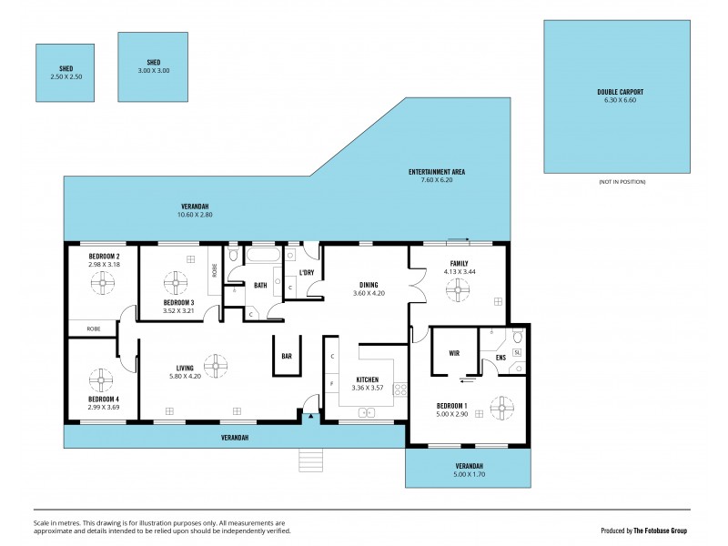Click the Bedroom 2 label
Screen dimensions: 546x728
pos(105,257)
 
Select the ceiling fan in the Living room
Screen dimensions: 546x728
pos(216,366)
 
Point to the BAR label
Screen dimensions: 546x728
pos(287,356)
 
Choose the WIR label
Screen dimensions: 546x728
pos(453,352)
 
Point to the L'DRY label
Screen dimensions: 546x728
pos(307,273)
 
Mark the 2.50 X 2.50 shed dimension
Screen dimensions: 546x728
pos(66,77)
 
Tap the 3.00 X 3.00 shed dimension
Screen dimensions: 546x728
pos(153,71)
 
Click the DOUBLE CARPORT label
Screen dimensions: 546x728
pos(620,92)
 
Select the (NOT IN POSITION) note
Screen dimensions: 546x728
pos(622,182)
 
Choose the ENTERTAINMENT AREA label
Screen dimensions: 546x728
pos(437,171)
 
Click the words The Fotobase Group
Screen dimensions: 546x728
pos(661,530)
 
